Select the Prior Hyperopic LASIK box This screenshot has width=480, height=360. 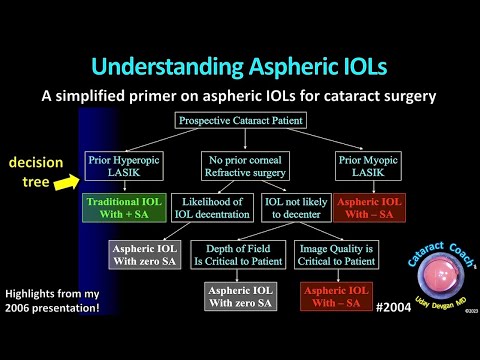(x=121, y=164)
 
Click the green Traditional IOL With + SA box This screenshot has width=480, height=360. (x=121, y=206)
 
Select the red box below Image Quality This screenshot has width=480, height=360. (x=337, y=296)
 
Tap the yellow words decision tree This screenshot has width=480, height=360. (x=38, y=171)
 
